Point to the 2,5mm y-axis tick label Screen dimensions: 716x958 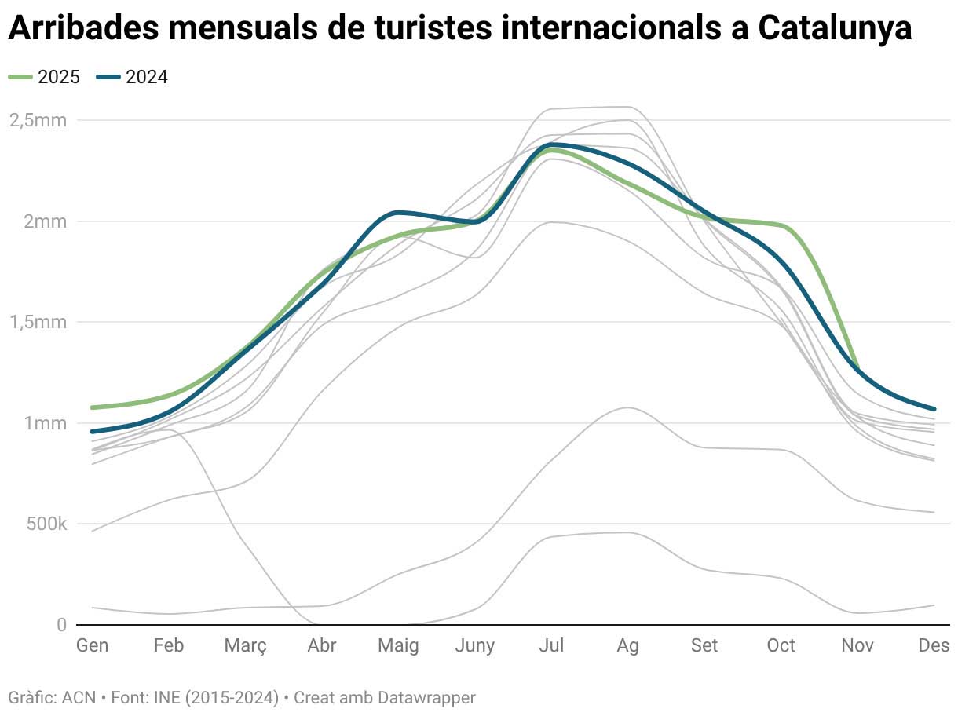pos(38,120)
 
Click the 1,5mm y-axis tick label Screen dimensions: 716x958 pos(38,322)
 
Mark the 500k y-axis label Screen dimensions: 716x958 pos(46,524)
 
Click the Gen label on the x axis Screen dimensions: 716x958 pos(93,645)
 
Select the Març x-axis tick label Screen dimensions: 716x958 pos(245,645)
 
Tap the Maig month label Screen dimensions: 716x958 pos(398,645)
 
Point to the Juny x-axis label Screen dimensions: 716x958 pos(474,645)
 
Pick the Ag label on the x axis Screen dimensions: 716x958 pos(627,645)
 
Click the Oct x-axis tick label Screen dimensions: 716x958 pos(781,645)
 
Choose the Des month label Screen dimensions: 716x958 pos(934,645)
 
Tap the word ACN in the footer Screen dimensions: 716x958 pos(78,697)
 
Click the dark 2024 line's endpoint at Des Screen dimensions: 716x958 pos(934,409)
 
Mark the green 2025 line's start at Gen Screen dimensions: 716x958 pos(93,407)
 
